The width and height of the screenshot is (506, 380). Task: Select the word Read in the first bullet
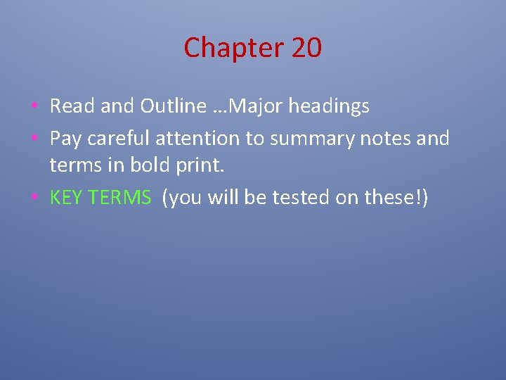[x=72, y=106]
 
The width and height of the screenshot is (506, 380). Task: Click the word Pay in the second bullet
[x=65, y=139]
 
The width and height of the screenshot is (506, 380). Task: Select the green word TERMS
[x=120, y=198]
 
